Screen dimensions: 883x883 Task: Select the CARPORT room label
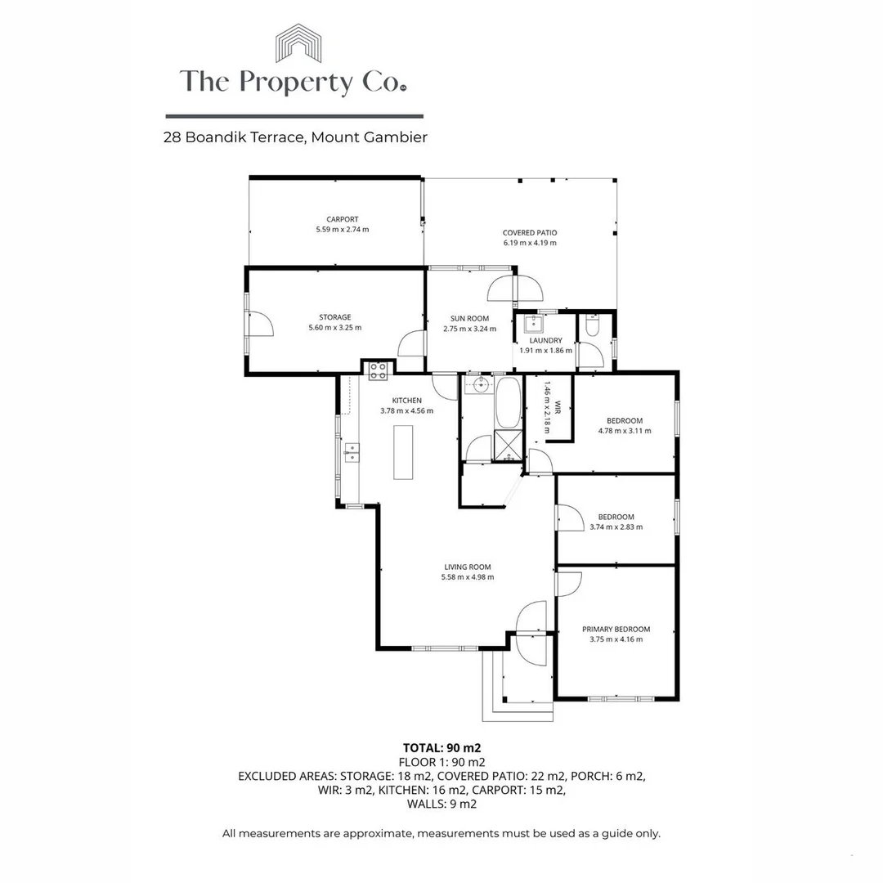click(342, 219)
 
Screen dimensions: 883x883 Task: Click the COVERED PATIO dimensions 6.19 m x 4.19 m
click(530, 243)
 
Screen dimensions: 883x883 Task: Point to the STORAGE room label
click(335, 317)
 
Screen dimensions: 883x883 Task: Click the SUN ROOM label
click(469, 319)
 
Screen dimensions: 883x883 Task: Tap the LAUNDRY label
click(545, 340)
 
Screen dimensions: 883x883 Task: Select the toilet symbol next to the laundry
click(592, 327)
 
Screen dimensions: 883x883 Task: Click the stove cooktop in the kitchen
click(378, 370)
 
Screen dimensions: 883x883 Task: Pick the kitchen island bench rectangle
click(404, 452)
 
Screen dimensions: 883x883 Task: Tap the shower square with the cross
click(507, 444)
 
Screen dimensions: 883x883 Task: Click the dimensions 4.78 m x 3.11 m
click(625, 430)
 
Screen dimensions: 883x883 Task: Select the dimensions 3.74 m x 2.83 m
click(616, 527)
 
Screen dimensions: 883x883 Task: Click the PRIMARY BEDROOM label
click(616, 629)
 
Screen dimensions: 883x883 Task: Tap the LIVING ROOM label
click(467, 567)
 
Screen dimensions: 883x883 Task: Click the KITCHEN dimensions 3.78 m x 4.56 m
click(406, 410)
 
